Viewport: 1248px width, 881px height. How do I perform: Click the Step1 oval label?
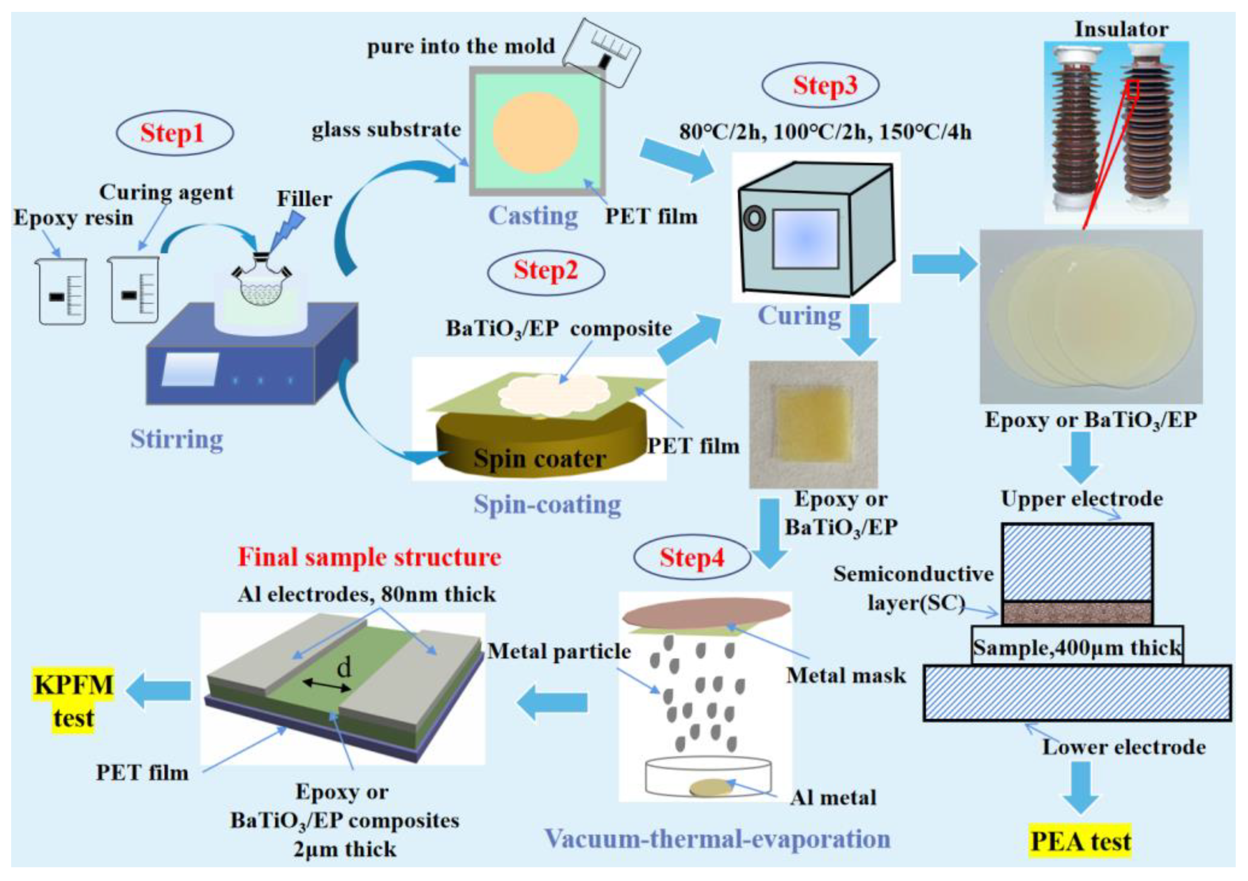(174, 133)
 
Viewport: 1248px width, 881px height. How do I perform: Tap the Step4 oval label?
(691, 557)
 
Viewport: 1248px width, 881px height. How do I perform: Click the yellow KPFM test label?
(73, 701)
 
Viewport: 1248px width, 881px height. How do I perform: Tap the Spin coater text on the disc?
(539, 459)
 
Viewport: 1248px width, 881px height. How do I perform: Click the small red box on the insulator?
(1132, 89)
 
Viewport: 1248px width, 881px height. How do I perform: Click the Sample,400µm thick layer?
(1076, 647)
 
